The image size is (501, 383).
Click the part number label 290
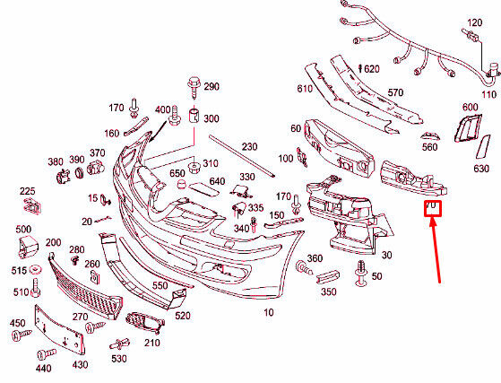[212, 87]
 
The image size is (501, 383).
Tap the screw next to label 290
[194, 87]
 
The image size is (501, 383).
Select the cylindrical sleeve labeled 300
[194, 116]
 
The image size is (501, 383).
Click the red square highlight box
[433, 208]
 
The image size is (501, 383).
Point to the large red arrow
[436, 250]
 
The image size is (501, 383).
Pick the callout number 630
[481, 169]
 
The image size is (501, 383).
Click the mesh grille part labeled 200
[85, 286]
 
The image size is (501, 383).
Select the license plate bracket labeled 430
[59, 330]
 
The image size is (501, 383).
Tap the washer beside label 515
[36, 270]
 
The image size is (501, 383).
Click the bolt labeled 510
[36, 288]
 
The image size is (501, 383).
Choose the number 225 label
[28, 191]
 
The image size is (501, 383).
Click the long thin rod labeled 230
[242, 155]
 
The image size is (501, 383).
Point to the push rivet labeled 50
[361, 273]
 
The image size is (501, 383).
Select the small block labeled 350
[328, 276]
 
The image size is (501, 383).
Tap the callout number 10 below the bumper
[268, 312]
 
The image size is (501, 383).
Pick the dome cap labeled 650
[182, 185]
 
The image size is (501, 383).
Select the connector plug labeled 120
[470, 35]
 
